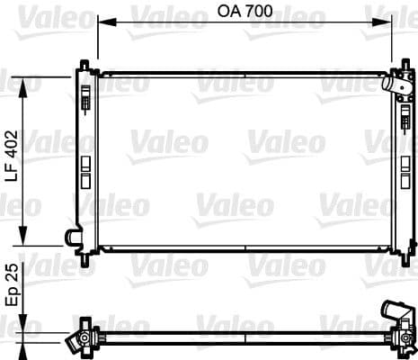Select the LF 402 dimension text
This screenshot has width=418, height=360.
click(12, 157)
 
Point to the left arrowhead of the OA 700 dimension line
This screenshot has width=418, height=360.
click(100, 24)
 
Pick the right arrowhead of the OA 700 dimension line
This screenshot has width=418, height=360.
click(390, 24)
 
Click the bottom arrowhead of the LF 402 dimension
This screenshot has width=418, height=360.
click(28, 240)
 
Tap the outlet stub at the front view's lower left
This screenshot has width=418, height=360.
click(71, 237)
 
